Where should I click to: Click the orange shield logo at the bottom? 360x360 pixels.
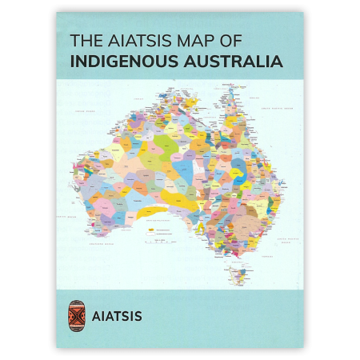coord(77,315)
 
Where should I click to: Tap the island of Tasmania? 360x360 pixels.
coord(238,275)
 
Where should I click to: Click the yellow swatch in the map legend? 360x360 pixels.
coord(150,229)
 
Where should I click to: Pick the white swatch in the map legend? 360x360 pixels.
coord(150,234)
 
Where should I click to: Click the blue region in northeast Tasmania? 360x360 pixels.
coord(243,270)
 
